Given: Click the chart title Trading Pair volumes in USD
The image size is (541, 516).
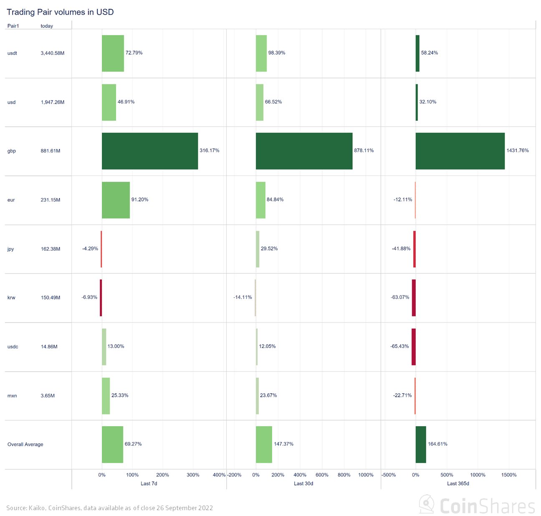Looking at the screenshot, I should tap(60, 12).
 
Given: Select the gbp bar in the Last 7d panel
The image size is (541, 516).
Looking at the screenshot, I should tap(150, 151).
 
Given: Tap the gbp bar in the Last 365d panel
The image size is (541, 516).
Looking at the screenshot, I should tap(460, 151).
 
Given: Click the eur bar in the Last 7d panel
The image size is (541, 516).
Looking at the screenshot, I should tap(116, 200).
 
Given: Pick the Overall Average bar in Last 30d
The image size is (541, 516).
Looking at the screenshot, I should tap(264, 444).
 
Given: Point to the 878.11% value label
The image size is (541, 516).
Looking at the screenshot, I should tap(364, 150).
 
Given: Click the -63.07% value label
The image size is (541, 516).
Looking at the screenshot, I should tap(400, 297).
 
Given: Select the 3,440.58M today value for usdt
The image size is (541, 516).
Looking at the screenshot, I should tap(53, 53).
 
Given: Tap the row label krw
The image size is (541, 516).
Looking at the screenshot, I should tap(11, 298).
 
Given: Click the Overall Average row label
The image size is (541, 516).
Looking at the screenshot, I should tap(25, 445).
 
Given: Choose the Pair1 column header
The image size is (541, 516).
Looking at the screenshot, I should tap(13, 26).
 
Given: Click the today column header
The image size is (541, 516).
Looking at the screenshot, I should tap(47, 26).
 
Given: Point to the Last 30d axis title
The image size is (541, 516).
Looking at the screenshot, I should tap(303, 483).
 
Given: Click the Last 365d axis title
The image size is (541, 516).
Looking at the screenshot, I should tap(458, 483).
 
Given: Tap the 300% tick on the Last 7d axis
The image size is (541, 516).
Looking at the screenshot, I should tap(193, 475).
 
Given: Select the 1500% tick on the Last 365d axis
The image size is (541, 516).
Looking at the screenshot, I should tap(509, 475).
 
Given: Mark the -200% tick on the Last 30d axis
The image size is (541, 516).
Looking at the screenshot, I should tap(235, 475).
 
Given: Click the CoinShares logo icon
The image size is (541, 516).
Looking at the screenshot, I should tap(427, 505).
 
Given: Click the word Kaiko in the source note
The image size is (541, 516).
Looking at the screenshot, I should tap(37, 508).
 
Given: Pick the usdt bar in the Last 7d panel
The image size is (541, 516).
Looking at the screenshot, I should tap(113, 53).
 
